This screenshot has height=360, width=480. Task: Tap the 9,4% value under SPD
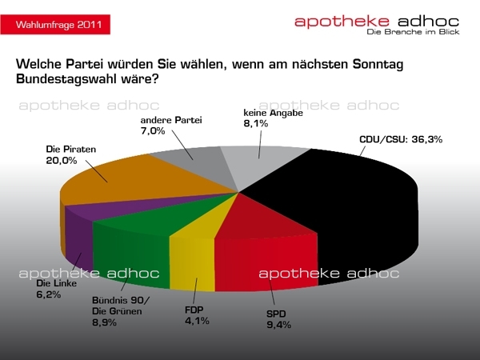point(278,324)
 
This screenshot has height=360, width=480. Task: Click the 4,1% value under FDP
point(197,322)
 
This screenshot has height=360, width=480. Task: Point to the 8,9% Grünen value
point(104,322)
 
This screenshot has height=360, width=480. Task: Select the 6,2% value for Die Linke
point(48,294)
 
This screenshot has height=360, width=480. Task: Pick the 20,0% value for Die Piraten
point(61,160)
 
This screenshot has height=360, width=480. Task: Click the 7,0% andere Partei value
point(150,130)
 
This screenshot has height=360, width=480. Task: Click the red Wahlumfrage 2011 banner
point(54,25)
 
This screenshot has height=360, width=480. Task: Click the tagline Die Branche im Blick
point(409,32)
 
